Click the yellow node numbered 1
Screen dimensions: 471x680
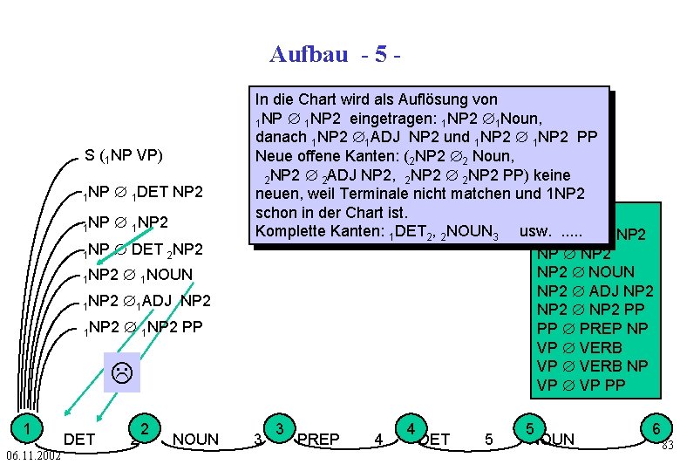point(29,427)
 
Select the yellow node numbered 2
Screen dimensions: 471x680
point(147,427)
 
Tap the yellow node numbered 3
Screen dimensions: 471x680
point(279,427)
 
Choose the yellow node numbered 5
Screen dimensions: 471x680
point(529,427)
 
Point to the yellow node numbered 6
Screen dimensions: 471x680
point(654,427)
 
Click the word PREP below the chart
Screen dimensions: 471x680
point(318,440)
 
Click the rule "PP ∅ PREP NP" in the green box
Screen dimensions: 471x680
point(592,328)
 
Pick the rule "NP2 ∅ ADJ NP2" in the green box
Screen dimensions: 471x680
point(595,290)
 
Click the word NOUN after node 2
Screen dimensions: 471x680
point(196,440)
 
